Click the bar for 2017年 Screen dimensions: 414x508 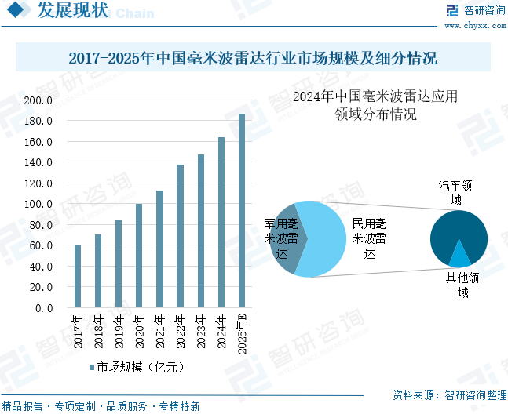[78, 276]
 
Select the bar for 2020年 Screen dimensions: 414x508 [139, 256]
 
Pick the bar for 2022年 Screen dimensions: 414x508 [180, 236]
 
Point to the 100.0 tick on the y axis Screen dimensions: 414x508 [38, 205]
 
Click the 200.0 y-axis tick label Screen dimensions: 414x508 [38, 100]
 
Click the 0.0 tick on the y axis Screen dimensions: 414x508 [42, 308]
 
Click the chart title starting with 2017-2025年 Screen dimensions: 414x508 [253, 58]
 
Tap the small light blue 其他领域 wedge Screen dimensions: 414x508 [459, 256]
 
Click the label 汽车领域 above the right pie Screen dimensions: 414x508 [455, 193]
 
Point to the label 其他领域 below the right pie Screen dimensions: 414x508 [462, 285]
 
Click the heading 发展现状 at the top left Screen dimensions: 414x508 [73, 11]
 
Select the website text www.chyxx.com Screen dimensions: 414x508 [474, 25]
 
